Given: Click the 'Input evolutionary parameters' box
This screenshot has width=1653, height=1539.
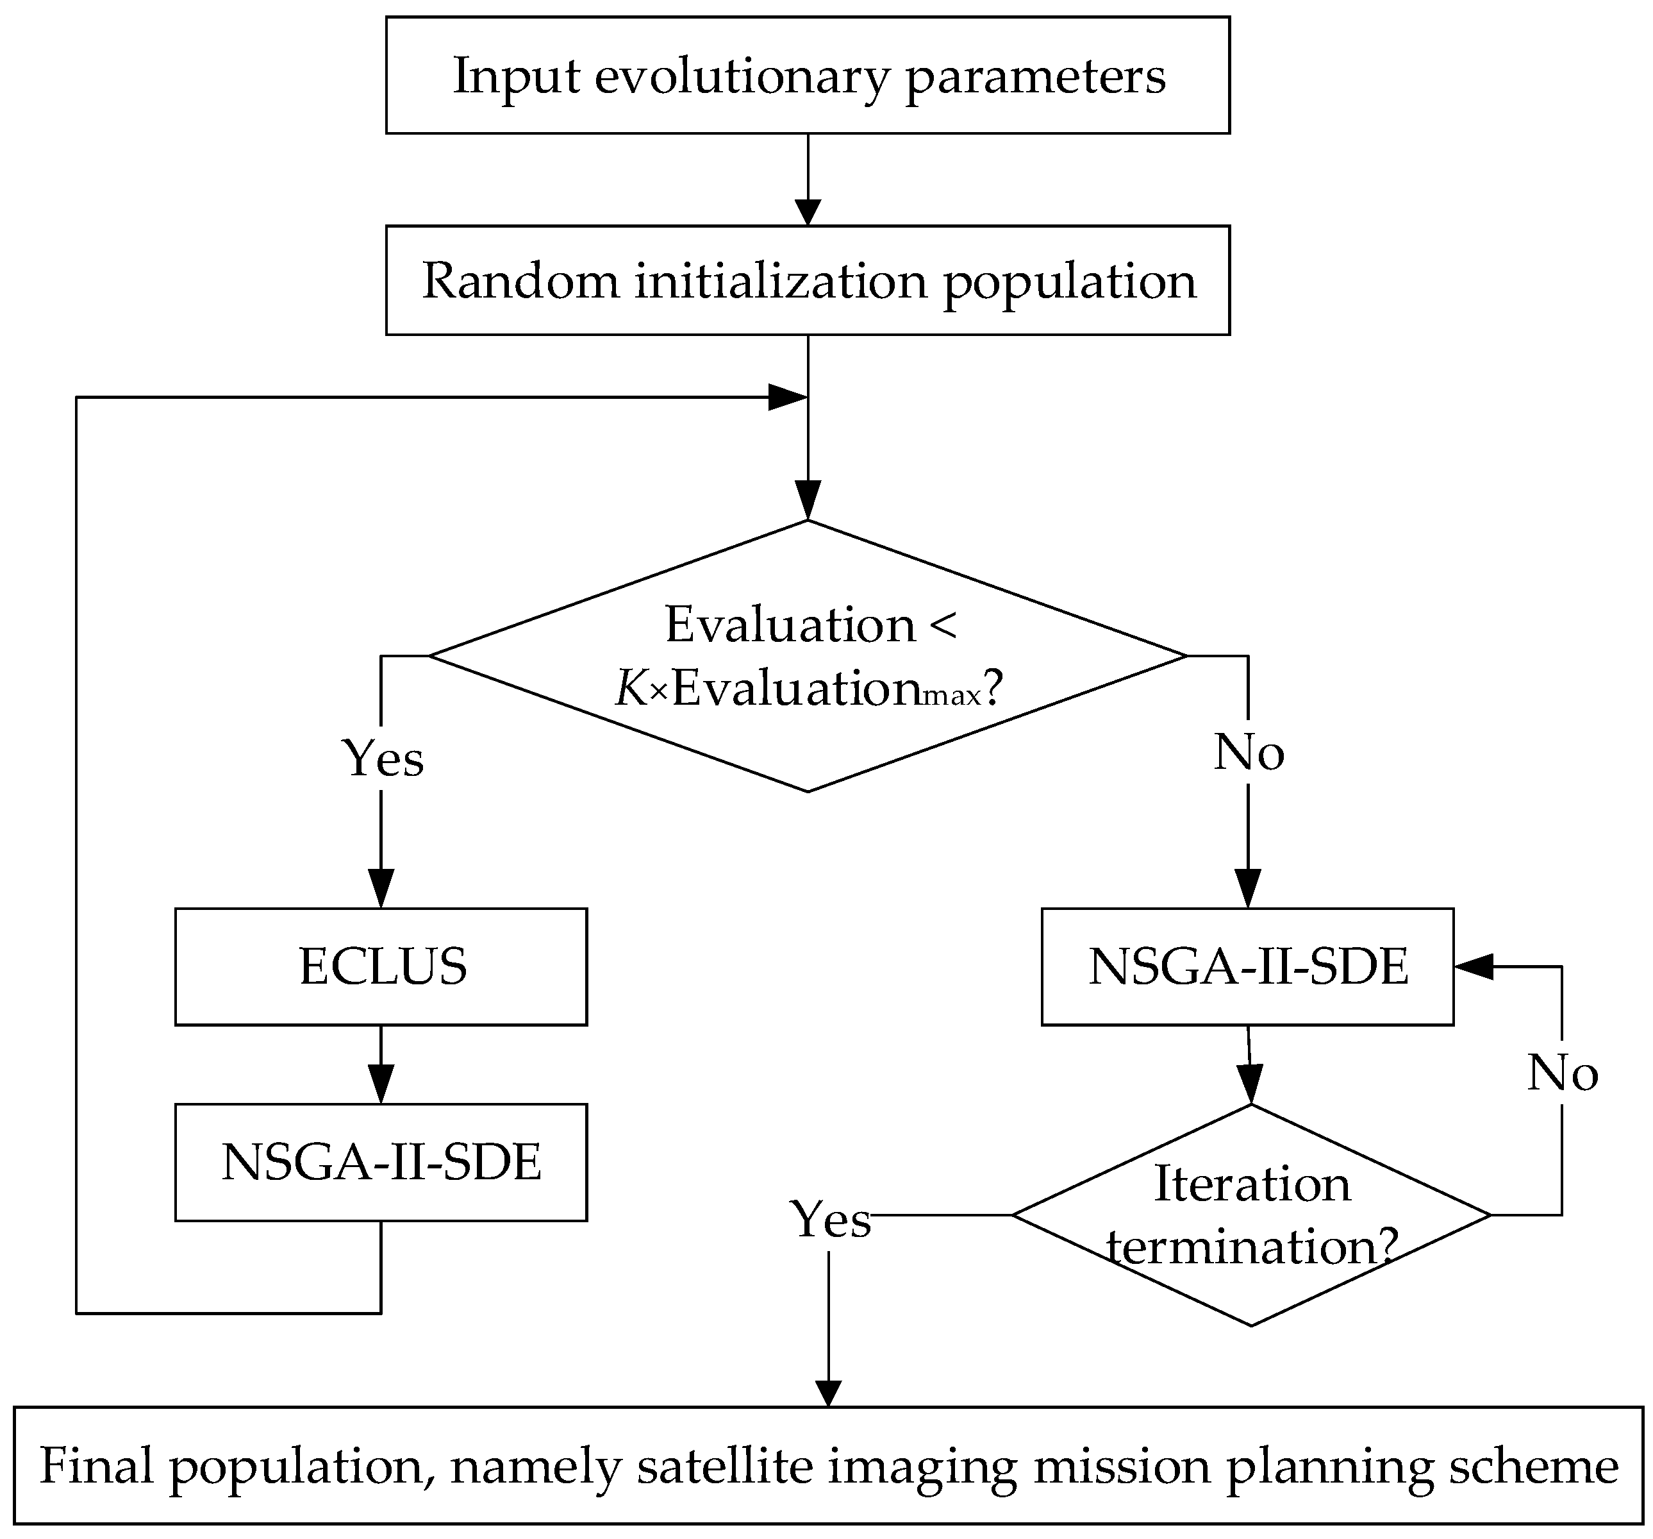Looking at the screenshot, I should pos(808,75).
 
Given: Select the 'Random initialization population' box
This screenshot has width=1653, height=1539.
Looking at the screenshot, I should pos(808,280).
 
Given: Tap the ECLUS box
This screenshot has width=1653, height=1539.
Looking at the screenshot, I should pos(381,966).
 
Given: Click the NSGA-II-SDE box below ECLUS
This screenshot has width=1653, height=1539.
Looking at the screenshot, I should pos(381,1162).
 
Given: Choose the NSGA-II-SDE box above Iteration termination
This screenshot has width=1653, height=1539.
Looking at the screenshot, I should pos(1247,966).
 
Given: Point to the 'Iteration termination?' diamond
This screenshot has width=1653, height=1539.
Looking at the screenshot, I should pos(1251,1215).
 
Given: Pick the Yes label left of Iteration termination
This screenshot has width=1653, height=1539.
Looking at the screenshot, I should pos(830,1220).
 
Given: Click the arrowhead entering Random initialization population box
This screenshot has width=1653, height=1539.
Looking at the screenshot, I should pos(808,212).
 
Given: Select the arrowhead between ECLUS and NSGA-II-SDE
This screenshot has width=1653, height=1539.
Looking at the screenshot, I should pos(381,1085).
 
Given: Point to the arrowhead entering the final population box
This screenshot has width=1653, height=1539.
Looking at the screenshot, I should pos(828,1393).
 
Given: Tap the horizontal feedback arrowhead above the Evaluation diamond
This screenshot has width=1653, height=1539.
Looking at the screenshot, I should pos(786,398).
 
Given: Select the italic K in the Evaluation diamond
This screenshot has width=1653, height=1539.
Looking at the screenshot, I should pos(631,689).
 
